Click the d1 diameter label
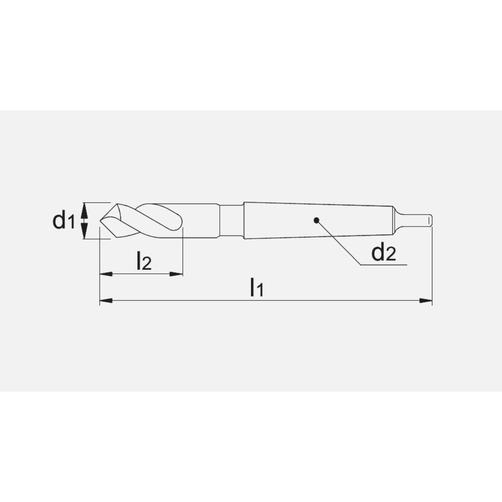coord(64,220)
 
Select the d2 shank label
coord(384,253)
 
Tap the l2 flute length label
coord(144,260)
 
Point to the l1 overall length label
coord(257,287)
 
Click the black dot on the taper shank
coord(316,220)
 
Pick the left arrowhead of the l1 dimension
coord(106,301)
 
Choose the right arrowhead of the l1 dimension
coord(426,301)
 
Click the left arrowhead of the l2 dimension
coord(106,274)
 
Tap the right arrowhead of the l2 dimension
coord(176,274)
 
